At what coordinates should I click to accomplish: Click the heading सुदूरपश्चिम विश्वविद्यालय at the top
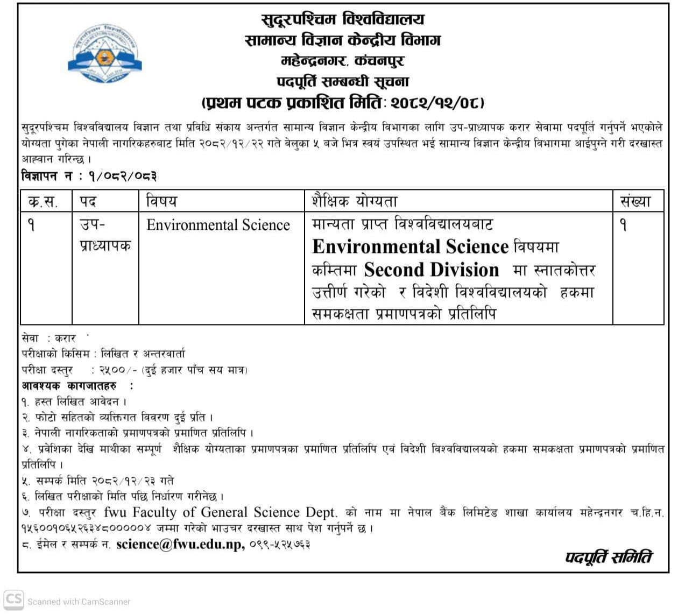[343, 20]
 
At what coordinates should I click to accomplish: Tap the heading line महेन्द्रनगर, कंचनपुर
[343, 61]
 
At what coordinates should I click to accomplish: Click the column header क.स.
[43, 202]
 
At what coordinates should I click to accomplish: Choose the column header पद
[88, 202]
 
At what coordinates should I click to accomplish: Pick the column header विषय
[161, 202]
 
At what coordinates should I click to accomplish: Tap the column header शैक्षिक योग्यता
[355, 202]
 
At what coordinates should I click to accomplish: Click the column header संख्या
[635, 202]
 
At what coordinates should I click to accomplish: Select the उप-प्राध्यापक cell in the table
[105, 235]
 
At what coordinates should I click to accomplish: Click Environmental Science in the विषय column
[218, 225]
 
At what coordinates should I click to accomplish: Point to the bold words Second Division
[432, 270]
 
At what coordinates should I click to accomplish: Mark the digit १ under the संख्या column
[624, 225]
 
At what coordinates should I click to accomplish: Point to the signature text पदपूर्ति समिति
[608, 557]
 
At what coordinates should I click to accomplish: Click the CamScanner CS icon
[13, 600]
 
